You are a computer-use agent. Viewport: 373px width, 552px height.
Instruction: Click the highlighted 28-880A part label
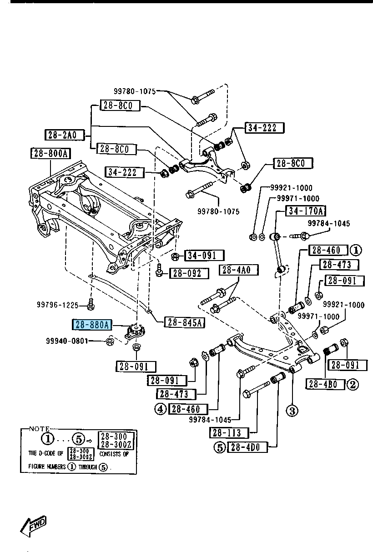[x=92, y=325]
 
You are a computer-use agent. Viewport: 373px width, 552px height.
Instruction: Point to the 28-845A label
[x=184, y=322]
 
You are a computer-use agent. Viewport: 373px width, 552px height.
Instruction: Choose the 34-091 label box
[x=204, y=256]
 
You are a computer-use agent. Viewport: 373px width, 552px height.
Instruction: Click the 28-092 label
[x=189, y=273]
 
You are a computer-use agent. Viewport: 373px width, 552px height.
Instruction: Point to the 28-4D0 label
[x=247, y=447]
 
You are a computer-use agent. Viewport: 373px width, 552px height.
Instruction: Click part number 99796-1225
[x=58, y=305]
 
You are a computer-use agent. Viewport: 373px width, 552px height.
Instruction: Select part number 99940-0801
[x=66, y=341]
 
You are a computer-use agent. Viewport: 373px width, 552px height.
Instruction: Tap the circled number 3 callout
[x=292, y=411]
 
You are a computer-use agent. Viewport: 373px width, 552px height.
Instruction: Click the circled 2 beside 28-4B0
[x=353, y=385]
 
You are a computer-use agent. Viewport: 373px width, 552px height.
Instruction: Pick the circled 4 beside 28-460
[x=160, y=409]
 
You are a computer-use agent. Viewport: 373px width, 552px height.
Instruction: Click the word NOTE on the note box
[x=39, y=429]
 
